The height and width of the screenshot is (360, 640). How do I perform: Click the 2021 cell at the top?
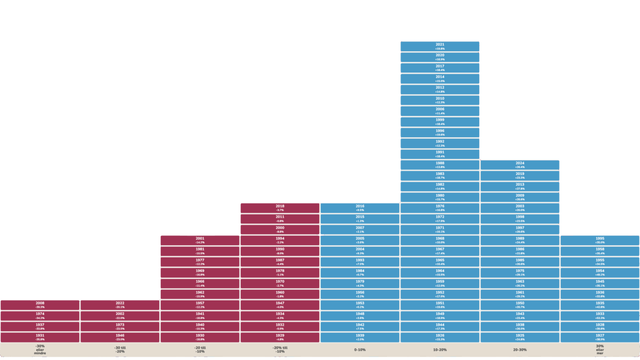[x=440, y=46]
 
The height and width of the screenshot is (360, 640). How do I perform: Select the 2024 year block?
[x=520, y=165]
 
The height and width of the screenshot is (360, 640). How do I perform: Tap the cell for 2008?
[x=40, y=305]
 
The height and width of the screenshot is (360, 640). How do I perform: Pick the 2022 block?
[x=120, y=305]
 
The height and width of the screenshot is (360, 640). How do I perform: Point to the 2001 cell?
[x=200, y=240]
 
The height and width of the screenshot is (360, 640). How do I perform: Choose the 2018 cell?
[x=280, y=208]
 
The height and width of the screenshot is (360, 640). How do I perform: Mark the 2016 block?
[x=360, y=208]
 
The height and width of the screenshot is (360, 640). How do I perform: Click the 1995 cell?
[x=600, y=240]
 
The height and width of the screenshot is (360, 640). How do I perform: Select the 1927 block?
[x=600, y=337]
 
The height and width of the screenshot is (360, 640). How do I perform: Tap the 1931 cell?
[x=40, y=337]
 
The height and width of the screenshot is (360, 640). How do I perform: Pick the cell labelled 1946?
[x=120, y=337]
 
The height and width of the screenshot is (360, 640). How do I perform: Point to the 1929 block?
[x=280, y=337]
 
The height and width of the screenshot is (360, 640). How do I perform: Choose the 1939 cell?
[x=360, y=337]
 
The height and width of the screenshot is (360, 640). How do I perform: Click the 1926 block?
[x=440, y=337]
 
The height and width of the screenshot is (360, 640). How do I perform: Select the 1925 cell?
[x=520, y=337]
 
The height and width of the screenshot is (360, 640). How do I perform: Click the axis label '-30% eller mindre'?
[x=40, y=350]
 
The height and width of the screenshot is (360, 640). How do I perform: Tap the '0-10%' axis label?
[x=360, y=349]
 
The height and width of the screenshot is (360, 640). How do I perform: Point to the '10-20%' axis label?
[x=440, y=349]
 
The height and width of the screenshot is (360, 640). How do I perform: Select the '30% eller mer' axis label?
[x=600, y=350]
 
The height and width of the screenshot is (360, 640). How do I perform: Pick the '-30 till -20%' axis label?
[x=120, y=350]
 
